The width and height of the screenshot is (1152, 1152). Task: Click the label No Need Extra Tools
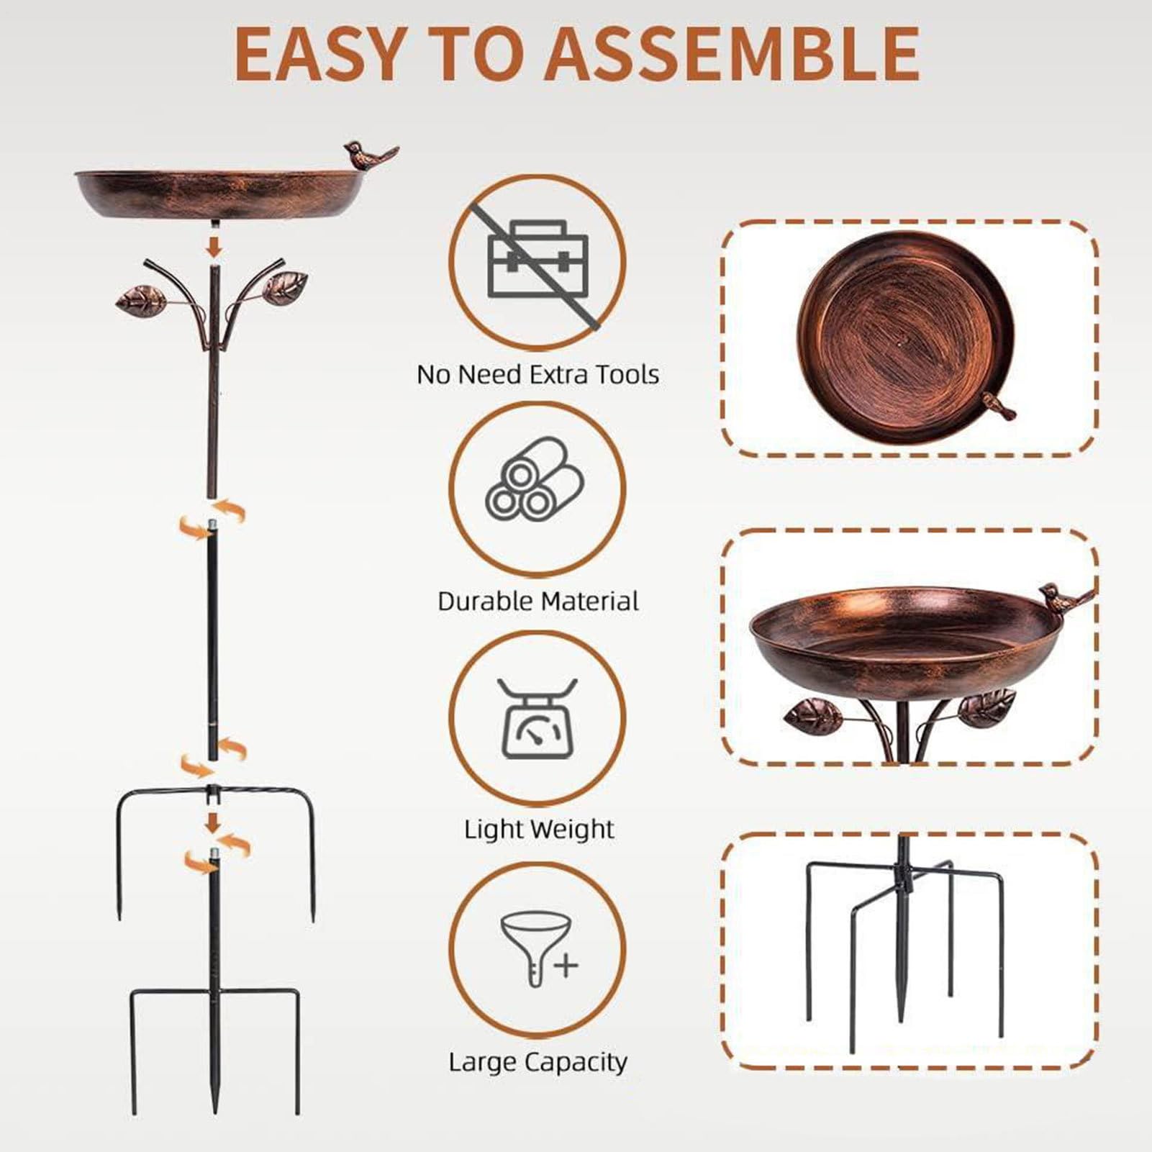tap(538, 374)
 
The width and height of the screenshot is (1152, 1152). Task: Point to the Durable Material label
tap(538, 601)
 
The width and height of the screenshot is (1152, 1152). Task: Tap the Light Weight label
tap(539, 830)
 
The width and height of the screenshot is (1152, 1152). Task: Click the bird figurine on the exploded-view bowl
tap(371, 153)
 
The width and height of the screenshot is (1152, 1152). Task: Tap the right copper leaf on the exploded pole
tap(286, 286)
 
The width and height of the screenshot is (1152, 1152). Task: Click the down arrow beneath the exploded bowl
tap(214, 246)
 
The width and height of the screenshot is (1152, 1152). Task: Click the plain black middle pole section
tap(213, 640)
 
